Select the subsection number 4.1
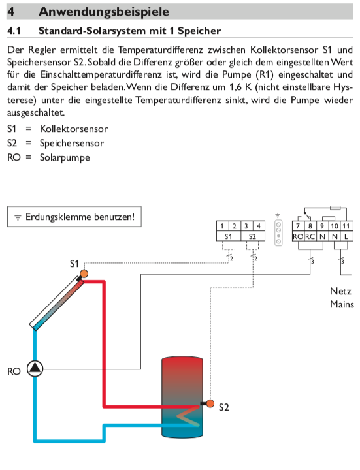14,31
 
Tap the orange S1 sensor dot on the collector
84,274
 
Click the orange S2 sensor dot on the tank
210,402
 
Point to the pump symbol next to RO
35,369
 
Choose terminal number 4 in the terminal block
259,226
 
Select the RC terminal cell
310,236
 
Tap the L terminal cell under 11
346,236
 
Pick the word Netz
340,292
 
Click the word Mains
342,304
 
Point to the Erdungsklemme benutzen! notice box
74,217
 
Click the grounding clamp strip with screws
279,233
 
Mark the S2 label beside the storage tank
223,407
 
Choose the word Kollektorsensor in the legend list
74,129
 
